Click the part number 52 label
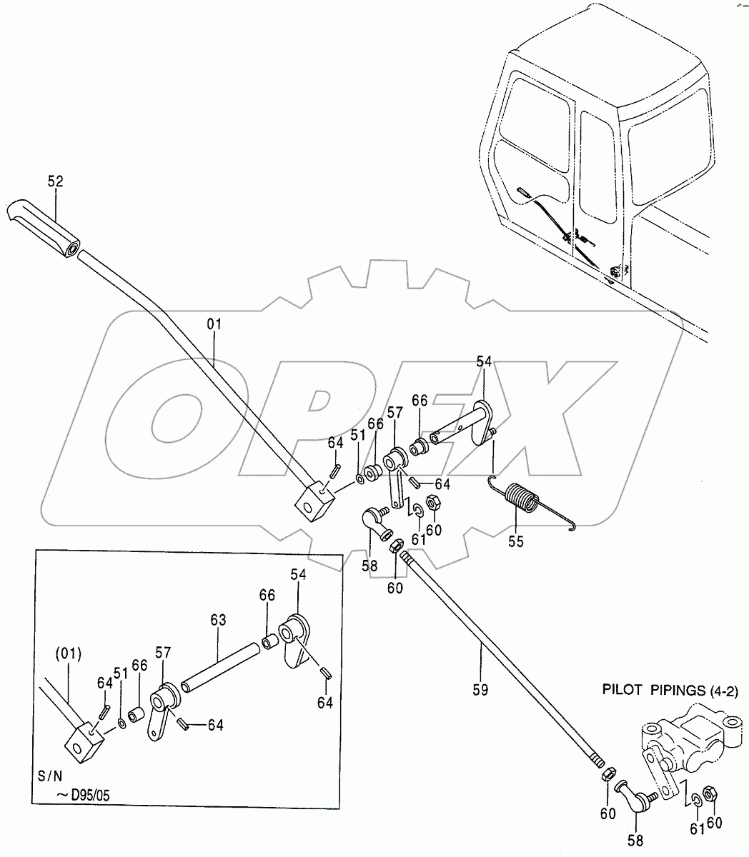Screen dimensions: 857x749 coord(55,182)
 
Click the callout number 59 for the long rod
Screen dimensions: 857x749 coord(480,689)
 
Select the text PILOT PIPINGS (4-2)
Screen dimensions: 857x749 coord(670,690)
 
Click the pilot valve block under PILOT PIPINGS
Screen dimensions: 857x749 coord(686,739)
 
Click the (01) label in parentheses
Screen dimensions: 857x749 coord(69,652)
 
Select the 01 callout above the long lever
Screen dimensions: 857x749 coord(214,324)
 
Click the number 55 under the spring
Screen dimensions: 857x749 coord(515,541)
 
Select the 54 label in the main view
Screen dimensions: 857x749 coord(484,364)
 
